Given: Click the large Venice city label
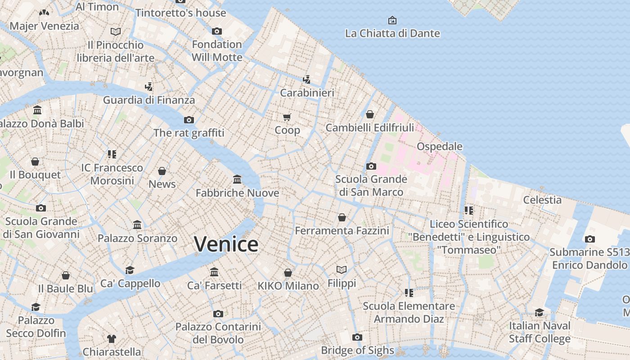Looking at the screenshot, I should pyautogui.click(x=226, y=244).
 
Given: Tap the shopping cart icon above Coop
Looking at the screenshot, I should pyautogui.click(x=287, y=117).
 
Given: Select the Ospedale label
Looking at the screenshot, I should pyautogui.click(x=439, y=146).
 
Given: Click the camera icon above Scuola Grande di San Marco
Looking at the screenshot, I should pyautogui.click(x=371, y=166).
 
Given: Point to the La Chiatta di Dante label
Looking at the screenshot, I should pyautogui.click(x=392, y=33).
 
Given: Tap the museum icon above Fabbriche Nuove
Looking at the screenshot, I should pyautogui.click(x=237, y=180).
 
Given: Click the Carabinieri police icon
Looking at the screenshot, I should pyautogui.click(x=307, y=80).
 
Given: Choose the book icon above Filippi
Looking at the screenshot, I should pyautogui.click(x=342, y=270).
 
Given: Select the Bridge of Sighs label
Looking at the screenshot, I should pyautogui.click(x=357, y=350).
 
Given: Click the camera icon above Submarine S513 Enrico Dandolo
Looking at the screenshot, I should pyautogui.click(x=589, y=239).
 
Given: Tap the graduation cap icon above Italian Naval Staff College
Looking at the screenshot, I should pyautogui.click(x=539, y=312).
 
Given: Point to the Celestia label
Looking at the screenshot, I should pyautogui.click(x=542, y=200).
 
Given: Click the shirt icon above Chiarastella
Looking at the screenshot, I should pyautogui.click(x=112, y=338).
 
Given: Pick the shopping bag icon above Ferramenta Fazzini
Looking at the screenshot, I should pyautogui.click(x=342, y=218).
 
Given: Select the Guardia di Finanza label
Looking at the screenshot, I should pyautogui.click(x=149, y=100).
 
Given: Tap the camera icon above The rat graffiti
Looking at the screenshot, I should pyautogui.click(x=189, y=120).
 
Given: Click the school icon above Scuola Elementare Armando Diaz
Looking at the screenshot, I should pyautogui.click(x=409, y=293).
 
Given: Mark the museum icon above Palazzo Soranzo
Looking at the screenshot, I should pyautogui.click(x=137, y=225).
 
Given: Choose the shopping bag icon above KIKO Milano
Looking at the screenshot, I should pyautogui.click(x=288, y=273).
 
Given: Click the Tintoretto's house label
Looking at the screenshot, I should pyautogui.click(x=180, y=13).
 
